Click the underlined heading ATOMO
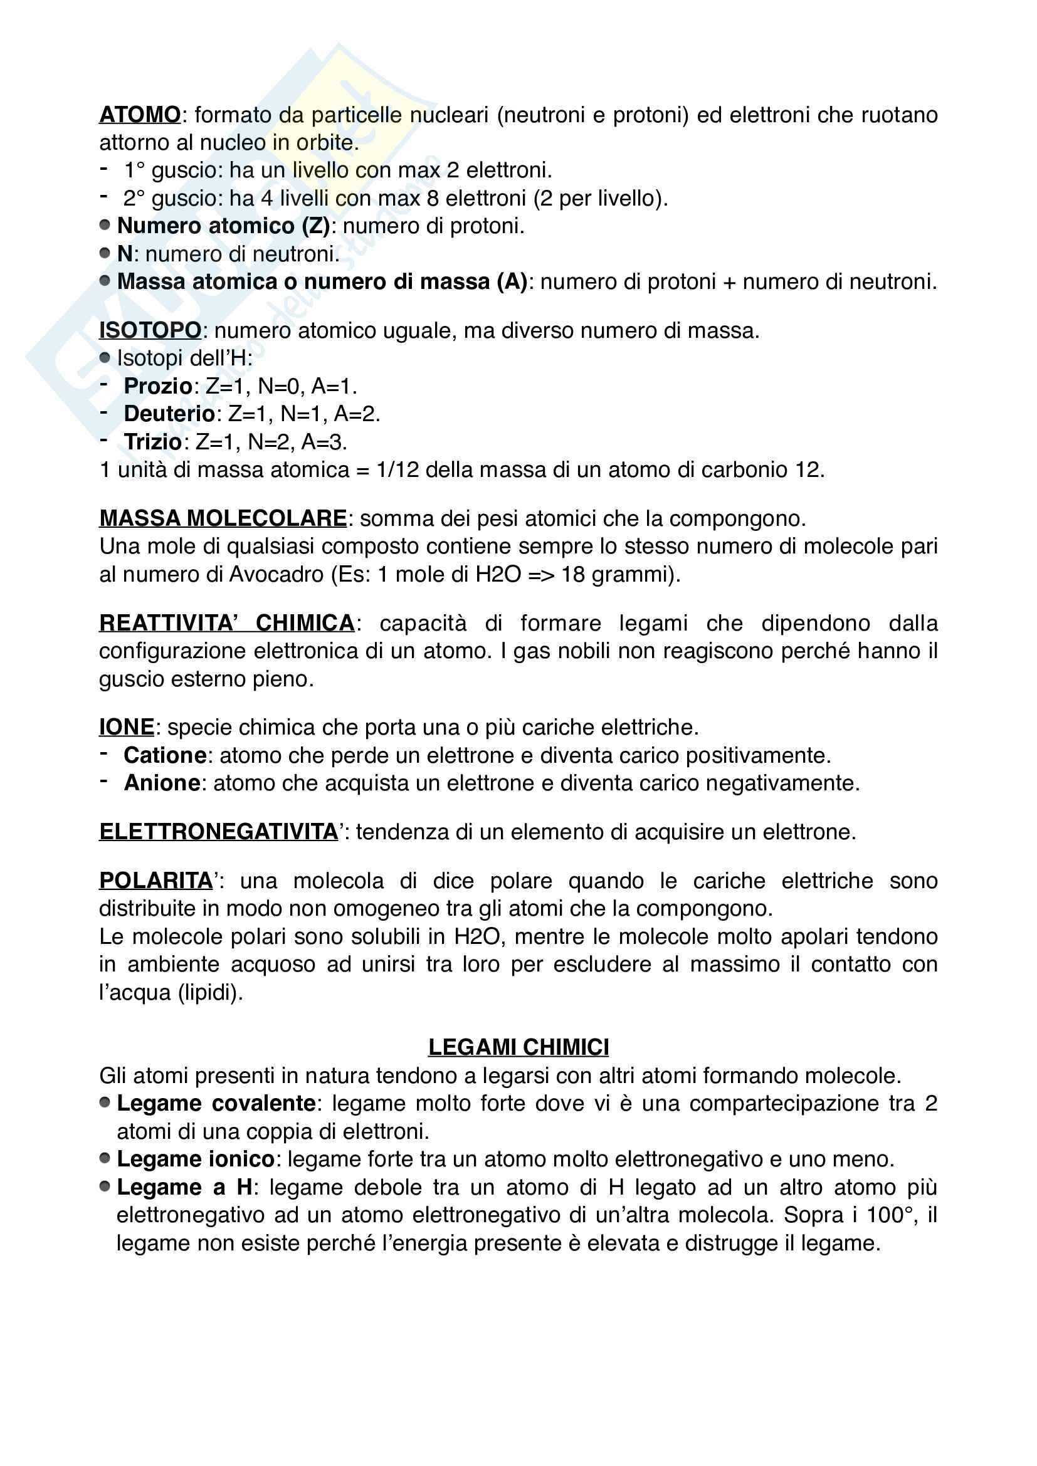[140, 115]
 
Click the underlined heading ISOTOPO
[150, 331]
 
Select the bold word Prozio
[158, 386]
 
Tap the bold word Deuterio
[169, 414]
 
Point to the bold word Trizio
[153, 442]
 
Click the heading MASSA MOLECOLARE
[223, 518]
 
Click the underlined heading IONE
[127, 727]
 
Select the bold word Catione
[165, 755]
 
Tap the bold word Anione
[162, 783]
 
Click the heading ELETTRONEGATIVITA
[218, 832]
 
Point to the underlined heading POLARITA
[156, 881]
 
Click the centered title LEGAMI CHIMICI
[518, 1047]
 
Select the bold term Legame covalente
[216, 1103]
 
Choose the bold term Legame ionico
[196, 1159]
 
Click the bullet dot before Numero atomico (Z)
[105, 225]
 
